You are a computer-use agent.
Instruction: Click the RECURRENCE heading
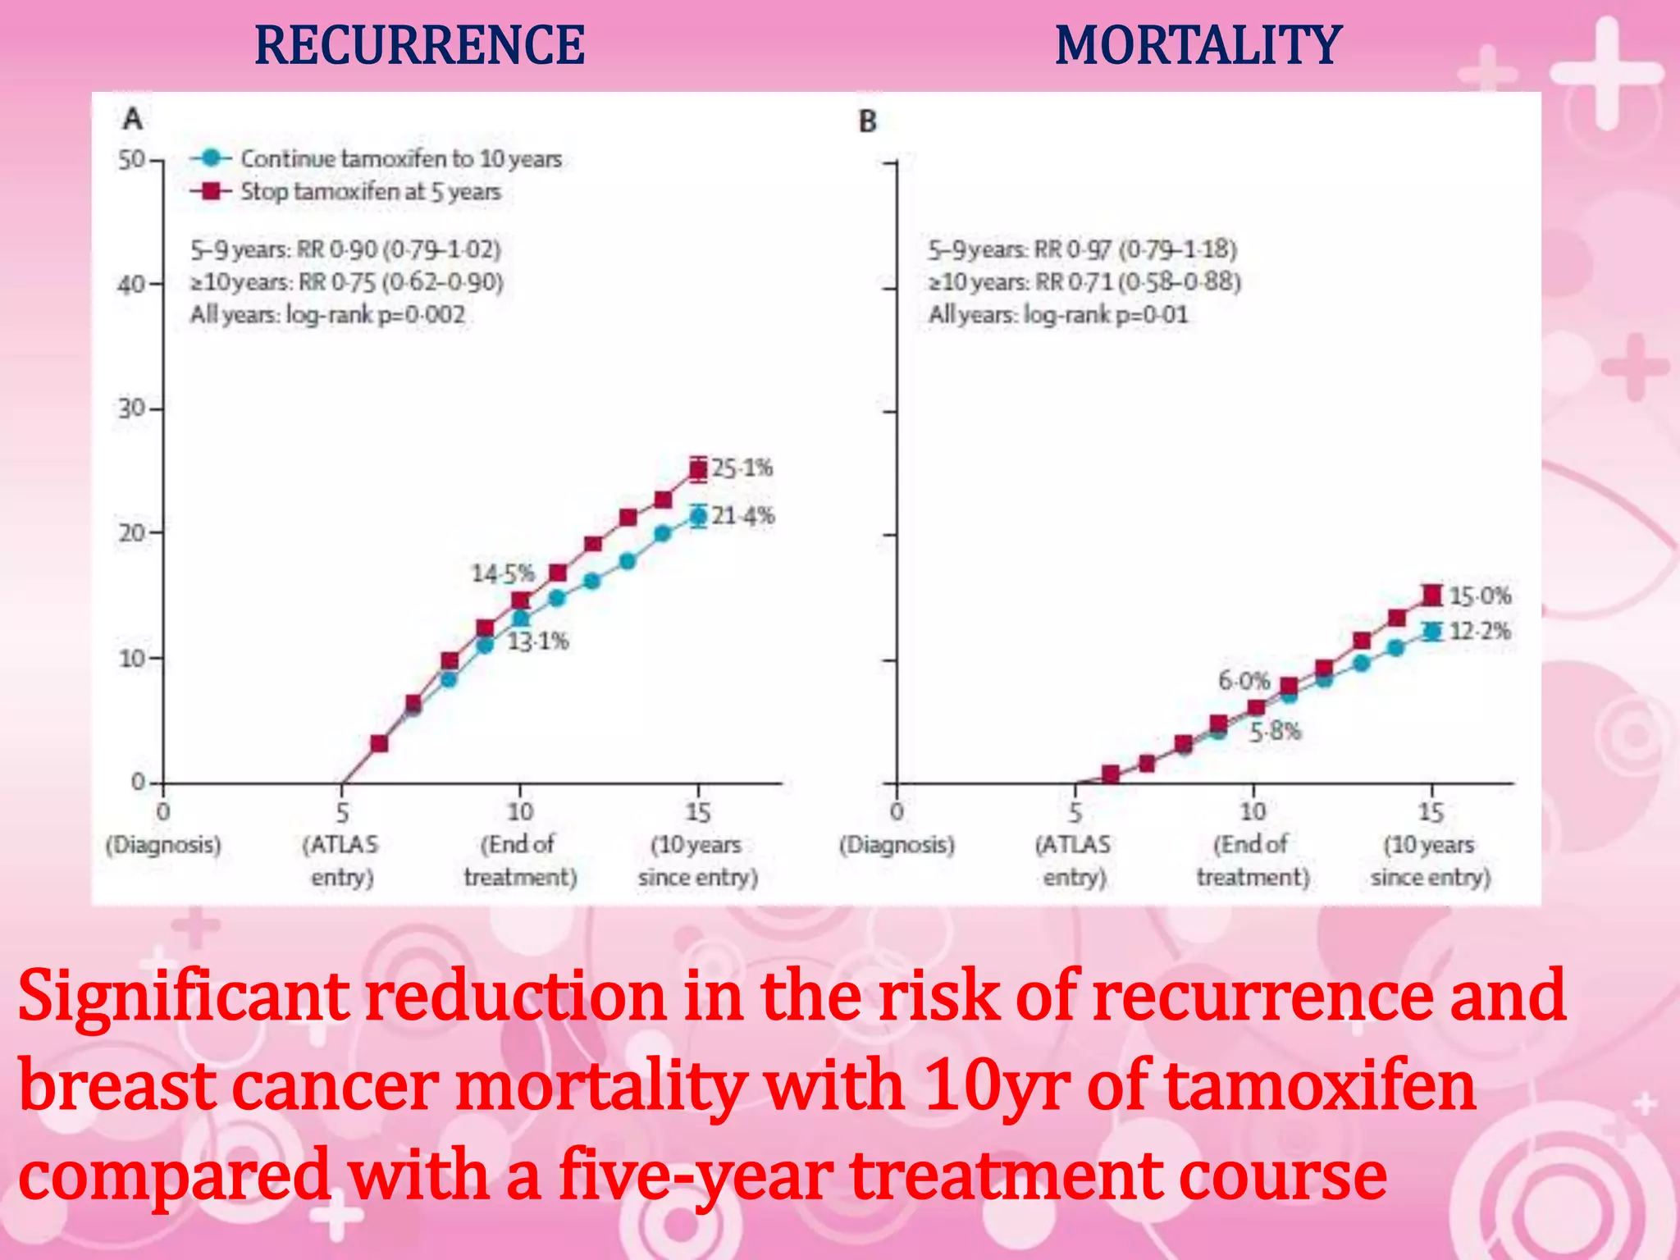point(419,46)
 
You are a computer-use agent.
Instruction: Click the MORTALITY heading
point(1198,46)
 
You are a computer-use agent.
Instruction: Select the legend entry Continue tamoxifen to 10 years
point(400,158)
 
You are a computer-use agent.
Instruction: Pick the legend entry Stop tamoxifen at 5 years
point(370,192)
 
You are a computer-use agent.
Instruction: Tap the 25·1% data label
point(742,468)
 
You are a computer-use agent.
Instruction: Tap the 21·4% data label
point(742,516)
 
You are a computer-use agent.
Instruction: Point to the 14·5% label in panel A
point(502,573)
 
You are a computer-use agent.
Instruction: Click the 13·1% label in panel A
point(537,641)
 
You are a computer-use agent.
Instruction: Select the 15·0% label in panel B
point(1480,596)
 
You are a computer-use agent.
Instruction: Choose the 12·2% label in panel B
point(1480,632)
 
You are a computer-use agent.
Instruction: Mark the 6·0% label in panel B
point(1244,681)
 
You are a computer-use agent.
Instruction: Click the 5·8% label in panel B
point(1275,732)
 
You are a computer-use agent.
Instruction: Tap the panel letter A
point(132,120)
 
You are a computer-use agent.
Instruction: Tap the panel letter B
point(868,122)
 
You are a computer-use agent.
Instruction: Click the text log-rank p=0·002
point(375,315)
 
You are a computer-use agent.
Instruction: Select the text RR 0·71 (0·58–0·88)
point(1138,282)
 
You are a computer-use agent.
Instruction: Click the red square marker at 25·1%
point(698,470)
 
